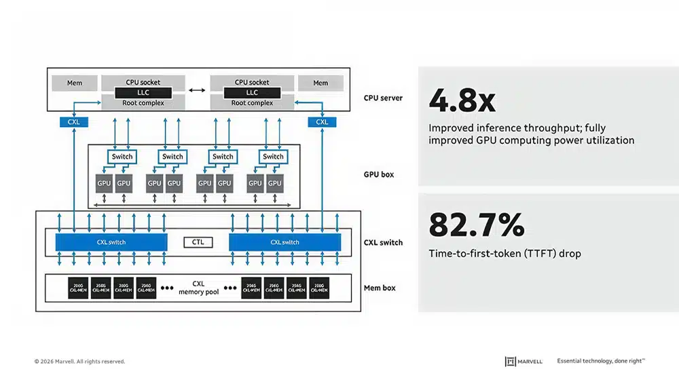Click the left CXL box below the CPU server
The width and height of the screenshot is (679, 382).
click(74, 122)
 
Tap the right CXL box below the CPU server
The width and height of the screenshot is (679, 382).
click(322, 122)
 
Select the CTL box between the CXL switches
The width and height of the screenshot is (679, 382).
click(198, 242)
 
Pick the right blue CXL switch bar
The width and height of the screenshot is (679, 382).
click(285, 242)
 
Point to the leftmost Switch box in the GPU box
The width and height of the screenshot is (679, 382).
click(122, 157)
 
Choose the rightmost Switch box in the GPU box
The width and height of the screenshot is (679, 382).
click(273, 157)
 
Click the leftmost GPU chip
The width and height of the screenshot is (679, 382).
click(104, 183)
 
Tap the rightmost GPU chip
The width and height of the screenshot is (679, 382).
click(275, 183)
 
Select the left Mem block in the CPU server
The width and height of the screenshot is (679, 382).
click(75, 83)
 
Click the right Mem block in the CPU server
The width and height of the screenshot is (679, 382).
click(320, 83)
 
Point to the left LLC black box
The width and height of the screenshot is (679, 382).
click(142, 92)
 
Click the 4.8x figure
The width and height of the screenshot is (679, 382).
click(462, 101)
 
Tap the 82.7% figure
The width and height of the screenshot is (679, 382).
click(476, 225)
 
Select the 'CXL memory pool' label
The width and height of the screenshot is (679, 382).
click(198, 288)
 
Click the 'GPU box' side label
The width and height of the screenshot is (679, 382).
click(379, 174)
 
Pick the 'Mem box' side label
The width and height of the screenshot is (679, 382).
click(380, 288)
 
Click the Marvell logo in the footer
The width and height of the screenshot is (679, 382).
click(524, 362)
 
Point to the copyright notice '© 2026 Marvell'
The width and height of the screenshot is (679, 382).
click(79, 362)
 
